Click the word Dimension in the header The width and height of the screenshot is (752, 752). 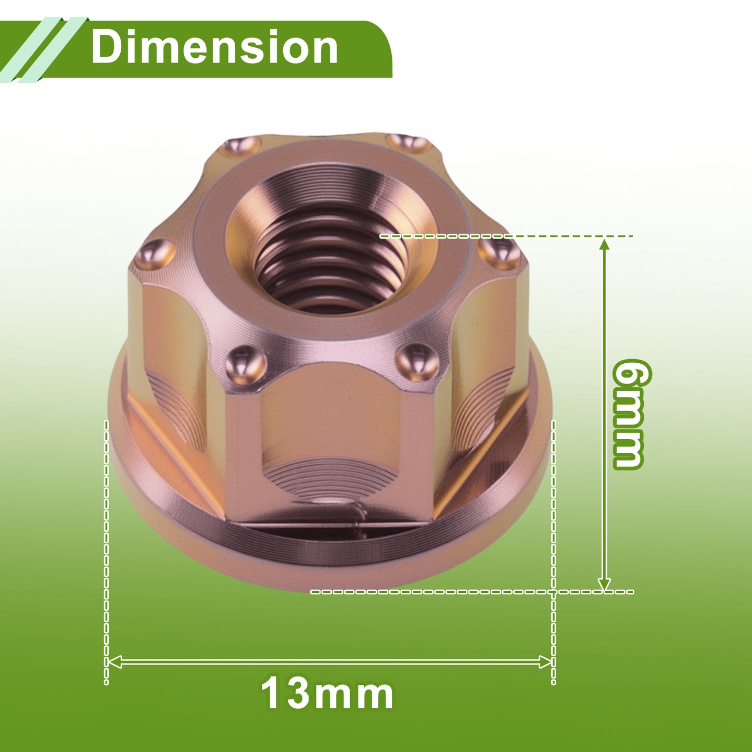click(x=214, y=47)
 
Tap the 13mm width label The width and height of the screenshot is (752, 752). click(x=327, y=694)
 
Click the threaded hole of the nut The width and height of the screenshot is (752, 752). click(x=332, y=258)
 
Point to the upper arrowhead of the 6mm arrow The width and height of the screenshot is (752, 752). click(x=604, y=245)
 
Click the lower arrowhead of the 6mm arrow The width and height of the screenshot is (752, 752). click(x=604, y=584)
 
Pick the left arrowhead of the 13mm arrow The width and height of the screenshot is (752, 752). click(x=114, y=662)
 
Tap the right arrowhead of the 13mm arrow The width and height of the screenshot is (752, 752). click(x=545, y=662)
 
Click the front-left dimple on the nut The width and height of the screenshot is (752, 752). click(x=246, y=366)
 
